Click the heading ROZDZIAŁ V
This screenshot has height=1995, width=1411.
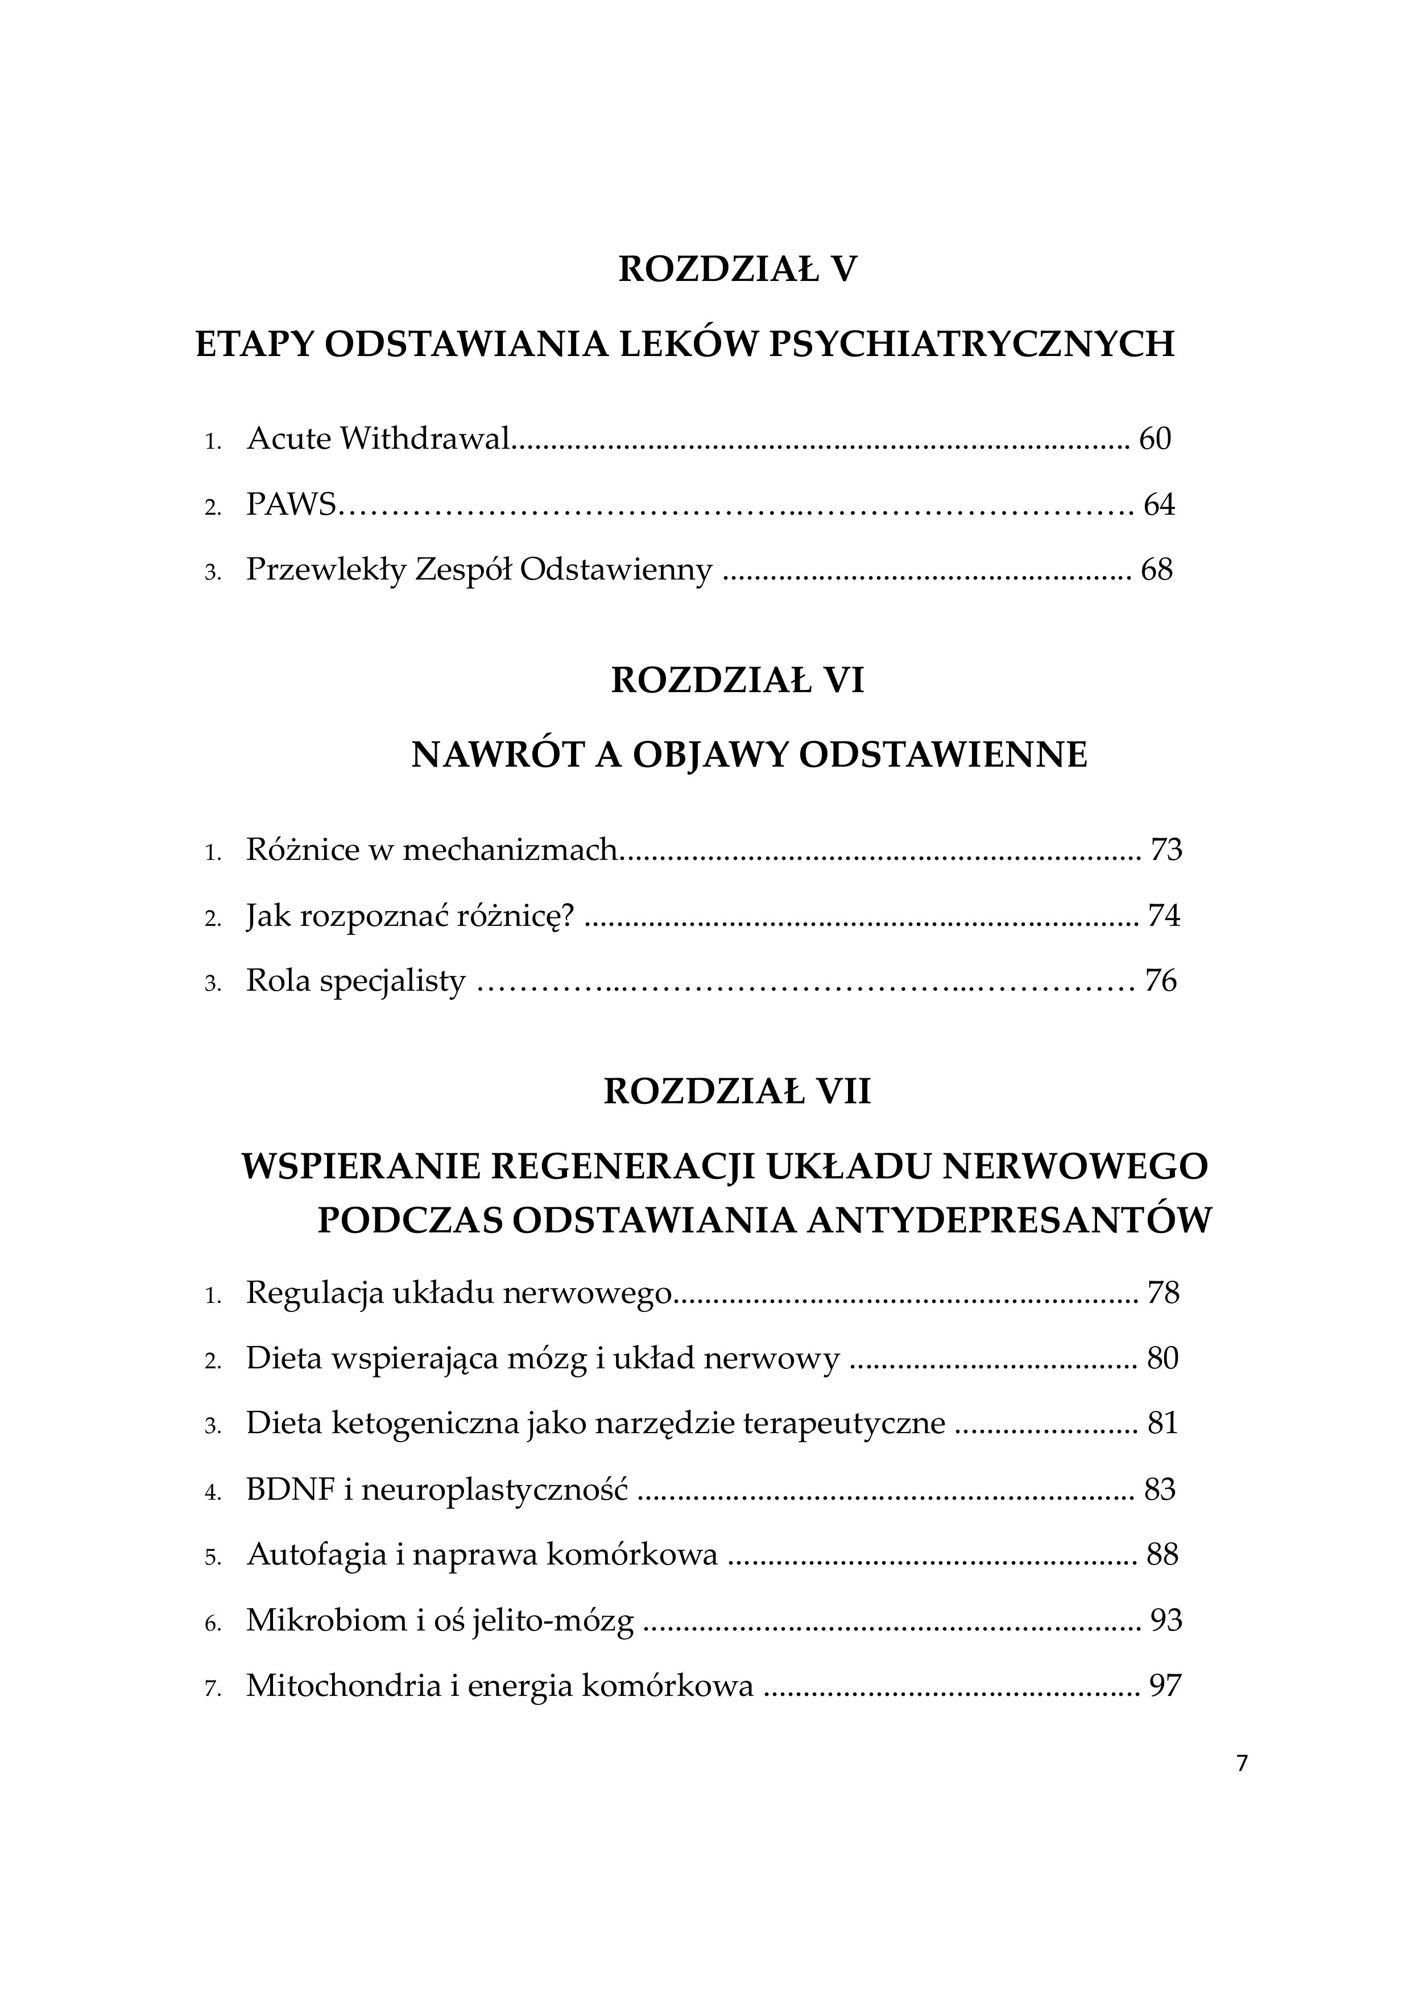coord(736,270)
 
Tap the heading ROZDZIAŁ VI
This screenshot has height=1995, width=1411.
coord(736,680)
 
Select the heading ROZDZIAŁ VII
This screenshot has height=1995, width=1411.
coord(736,1091)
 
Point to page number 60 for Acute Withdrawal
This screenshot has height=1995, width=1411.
coord(1155,439)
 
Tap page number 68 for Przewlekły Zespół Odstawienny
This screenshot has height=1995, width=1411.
coord(1156,570)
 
